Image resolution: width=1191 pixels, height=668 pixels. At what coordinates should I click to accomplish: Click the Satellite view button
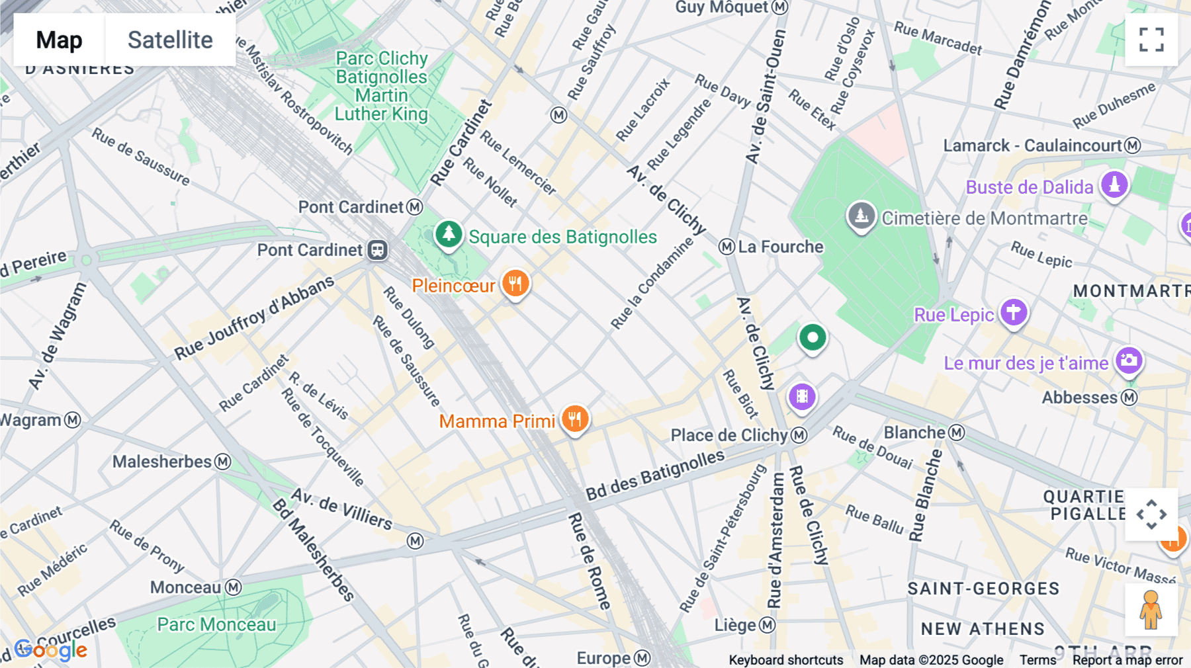tap(170, 40)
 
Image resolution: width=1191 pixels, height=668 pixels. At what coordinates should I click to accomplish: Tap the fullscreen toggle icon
tap(1151, 40)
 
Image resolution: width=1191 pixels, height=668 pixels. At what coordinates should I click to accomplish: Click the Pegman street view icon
tap(1151, 610)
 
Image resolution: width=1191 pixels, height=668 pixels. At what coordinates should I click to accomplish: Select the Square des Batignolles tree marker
tap(449, 234)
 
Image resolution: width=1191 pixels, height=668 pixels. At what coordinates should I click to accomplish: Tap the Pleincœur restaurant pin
tap(515, 284)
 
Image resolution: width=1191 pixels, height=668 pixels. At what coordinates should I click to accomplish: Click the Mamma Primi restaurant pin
tap(575, 419)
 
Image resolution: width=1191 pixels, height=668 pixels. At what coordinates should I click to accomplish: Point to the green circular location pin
tap(813, 338)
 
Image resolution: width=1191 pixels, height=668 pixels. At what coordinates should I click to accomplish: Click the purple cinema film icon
tap(802, 397)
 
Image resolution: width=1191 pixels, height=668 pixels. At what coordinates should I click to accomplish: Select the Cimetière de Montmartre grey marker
tap(861, 216)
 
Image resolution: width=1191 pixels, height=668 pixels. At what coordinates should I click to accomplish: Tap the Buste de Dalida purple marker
tap(1114, 185)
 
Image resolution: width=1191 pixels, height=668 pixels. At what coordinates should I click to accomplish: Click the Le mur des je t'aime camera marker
tap(1129, 361)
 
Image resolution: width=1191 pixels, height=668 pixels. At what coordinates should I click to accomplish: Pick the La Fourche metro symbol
tap(727, 247)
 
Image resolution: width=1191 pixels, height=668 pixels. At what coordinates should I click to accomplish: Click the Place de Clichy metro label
tap(729, 435)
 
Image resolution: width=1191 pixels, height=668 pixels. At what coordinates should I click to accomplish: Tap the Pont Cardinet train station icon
tap(378, 250)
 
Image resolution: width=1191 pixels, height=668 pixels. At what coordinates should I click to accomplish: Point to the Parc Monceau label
tap(216, 624)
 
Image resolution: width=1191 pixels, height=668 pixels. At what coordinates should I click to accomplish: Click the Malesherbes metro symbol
tap(224, 462)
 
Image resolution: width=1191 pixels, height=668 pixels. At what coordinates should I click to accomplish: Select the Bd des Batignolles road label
tap(655, 475)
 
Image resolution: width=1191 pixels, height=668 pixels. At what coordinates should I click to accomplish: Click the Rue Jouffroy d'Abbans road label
tap(254, 318)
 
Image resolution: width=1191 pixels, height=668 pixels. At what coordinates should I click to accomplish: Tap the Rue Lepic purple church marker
tap(1014, 312)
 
